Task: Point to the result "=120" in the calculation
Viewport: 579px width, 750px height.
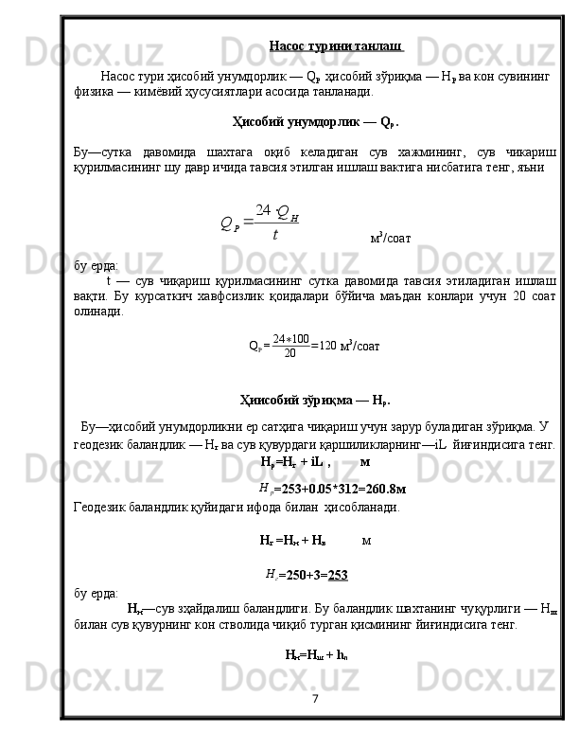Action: pyautogui.click(x=324, y=347)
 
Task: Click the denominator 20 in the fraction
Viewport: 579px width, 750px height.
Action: pyautogui.click(x=289, y=353)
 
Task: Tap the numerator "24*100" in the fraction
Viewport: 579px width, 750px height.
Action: pyautogui.click(x=290, y=339)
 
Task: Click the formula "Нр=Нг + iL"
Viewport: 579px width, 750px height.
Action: pyautogui.click(x=292, y=461)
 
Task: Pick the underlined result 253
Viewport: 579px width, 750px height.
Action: pyautogui.click(x=338, y=574)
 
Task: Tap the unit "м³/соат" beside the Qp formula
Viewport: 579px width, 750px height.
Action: pyautogui.click(x=390, y=237)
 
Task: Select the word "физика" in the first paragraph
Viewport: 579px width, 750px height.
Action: pyautogui.click(x=93, y=93)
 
